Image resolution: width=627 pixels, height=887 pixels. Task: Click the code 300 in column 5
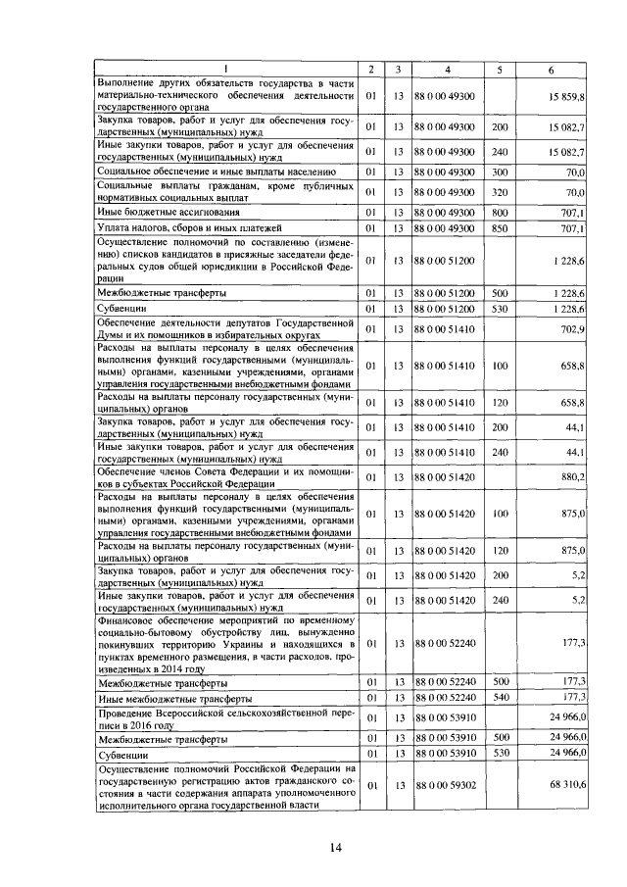tap(500, 172)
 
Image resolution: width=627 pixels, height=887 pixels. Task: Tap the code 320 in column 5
tap(500, 192)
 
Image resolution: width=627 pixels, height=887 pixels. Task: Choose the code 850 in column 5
tap(500, 228)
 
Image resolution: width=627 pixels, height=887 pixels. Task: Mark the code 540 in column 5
tap(500, 697)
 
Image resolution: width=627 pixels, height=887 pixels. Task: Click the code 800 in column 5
tap(500, 212)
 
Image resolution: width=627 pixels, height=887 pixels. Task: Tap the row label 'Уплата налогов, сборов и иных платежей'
tap(183, 228)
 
